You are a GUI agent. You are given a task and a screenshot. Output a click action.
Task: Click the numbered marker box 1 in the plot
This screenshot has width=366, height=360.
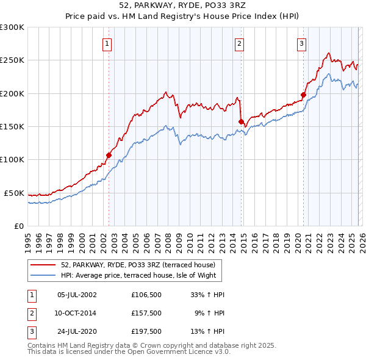click(x=107, y=43)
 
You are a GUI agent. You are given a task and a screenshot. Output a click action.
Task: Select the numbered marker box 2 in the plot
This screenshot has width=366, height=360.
click(x=240, y=43)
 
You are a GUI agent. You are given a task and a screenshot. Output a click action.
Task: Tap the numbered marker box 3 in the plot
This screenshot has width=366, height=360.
click(x=301, y=43)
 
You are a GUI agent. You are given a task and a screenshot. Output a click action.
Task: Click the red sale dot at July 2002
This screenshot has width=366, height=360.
click(x=109, y=155)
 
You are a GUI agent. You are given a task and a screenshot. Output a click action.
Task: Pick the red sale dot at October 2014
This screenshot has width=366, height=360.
click(x=241, y=121)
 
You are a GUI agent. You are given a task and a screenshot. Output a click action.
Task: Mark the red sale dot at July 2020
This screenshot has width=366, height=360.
click(x=303, y=95)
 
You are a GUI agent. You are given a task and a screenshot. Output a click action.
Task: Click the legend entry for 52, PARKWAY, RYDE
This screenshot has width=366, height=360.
click(x=138, y=265)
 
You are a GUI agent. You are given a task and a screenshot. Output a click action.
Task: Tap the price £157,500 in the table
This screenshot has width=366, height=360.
click(x=146, y=313)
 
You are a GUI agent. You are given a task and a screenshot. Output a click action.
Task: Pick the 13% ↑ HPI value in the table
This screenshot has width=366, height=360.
click(x=208, y=331)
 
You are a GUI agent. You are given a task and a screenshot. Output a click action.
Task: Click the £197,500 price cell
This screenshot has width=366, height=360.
click(x=146, y=331)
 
